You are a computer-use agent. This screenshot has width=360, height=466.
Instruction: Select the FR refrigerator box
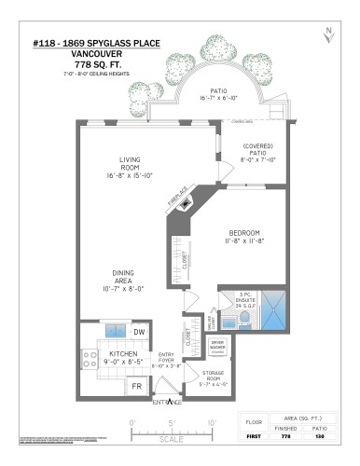click(x=136, y=385)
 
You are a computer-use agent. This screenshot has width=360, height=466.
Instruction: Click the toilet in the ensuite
click(x=243, y=322)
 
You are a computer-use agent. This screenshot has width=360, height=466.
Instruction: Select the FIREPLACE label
click(x=178, y=199)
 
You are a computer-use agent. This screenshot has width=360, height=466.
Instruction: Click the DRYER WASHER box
click(x=218, y=346)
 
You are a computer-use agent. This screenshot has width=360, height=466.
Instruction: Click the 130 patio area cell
click(x=319, y=434)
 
